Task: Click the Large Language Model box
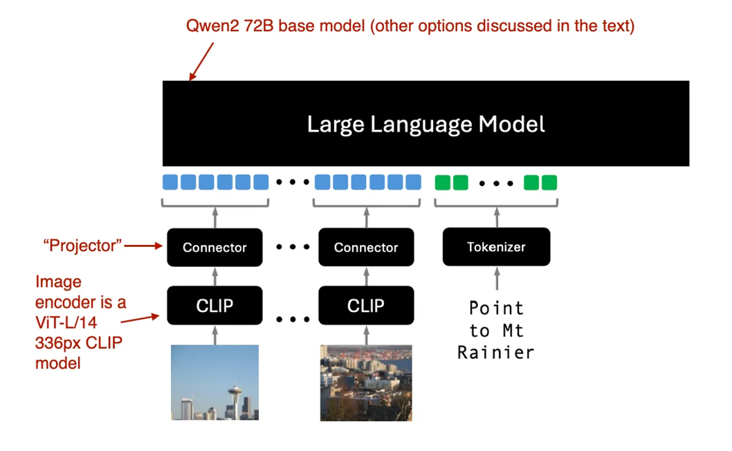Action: (x=426, y=124)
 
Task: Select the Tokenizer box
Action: (x=496, y=247)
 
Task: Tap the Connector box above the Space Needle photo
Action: (x=214, y=247)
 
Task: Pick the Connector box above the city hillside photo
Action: (x=366, y=247)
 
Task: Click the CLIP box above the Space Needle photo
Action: (x=214, y=305)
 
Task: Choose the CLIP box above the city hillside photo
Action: (x=366, y=305)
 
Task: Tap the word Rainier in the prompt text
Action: (x=496, y=352)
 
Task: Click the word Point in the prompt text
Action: (x=496, y=308)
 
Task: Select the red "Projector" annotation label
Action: (x=83, y=245)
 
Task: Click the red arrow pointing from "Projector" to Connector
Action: (x=145, y=245)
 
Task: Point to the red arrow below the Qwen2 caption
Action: (x=201, y=62)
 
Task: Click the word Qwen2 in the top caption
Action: (x=210, y=27)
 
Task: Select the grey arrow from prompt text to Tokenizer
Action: (x=496, y=279)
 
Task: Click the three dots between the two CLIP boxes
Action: (x=291, y=319)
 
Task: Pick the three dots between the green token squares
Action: (x=496, y=184)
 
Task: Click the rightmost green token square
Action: (x=549, y=183)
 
